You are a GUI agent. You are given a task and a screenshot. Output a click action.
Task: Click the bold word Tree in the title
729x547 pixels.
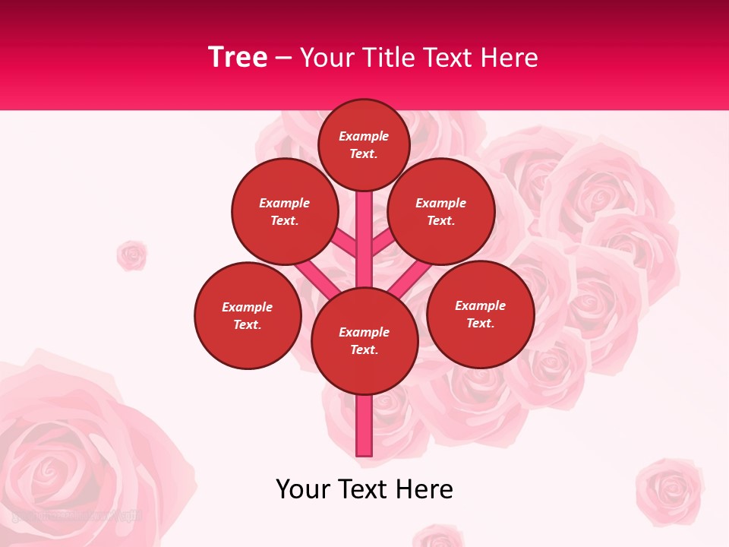238,58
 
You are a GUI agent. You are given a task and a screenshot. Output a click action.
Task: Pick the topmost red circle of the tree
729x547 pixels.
364,145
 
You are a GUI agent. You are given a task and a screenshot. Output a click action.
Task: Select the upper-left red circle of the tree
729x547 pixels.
285,211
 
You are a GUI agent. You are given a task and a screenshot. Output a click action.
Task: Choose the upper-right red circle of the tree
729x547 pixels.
441,211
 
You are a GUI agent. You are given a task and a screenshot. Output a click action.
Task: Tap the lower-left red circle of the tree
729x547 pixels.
248,315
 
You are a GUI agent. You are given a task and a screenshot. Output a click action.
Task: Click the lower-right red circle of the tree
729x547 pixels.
481,314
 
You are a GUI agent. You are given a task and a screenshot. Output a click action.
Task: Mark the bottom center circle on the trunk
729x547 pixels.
364,341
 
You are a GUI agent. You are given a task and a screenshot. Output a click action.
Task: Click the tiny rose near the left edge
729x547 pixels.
131,255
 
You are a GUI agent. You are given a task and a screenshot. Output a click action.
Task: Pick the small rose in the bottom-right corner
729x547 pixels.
669,490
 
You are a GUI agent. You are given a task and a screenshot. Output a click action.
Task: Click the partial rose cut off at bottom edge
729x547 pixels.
438,536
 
